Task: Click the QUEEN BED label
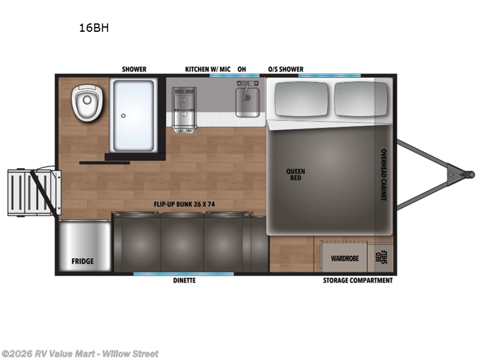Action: [x=295, y=175]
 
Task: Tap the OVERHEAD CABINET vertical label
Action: [x=382, y=175]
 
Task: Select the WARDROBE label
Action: [x=345, y=259]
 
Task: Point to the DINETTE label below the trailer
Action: [x=184, y=280]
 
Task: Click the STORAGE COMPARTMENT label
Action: [x=358, y=280]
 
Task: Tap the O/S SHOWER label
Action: [x=286, y=70]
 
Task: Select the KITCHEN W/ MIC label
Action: [x=208, y=70]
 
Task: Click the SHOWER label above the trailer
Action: [x=134, y=70]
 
